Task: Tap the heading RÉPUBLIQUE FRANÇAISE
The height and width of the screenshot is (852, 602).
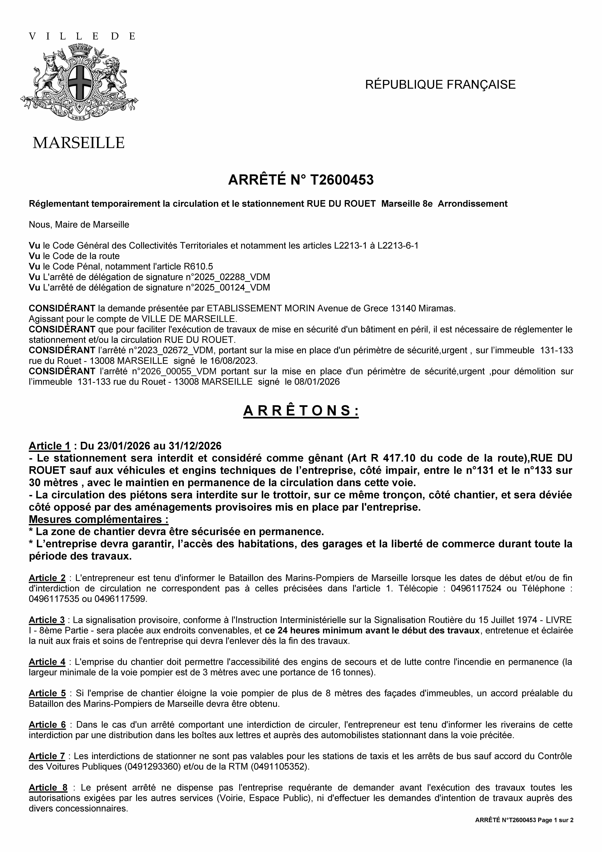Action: pos(440,85)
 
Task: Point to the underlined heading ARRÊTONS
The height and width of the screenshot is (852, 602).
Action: pos(301,411)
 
